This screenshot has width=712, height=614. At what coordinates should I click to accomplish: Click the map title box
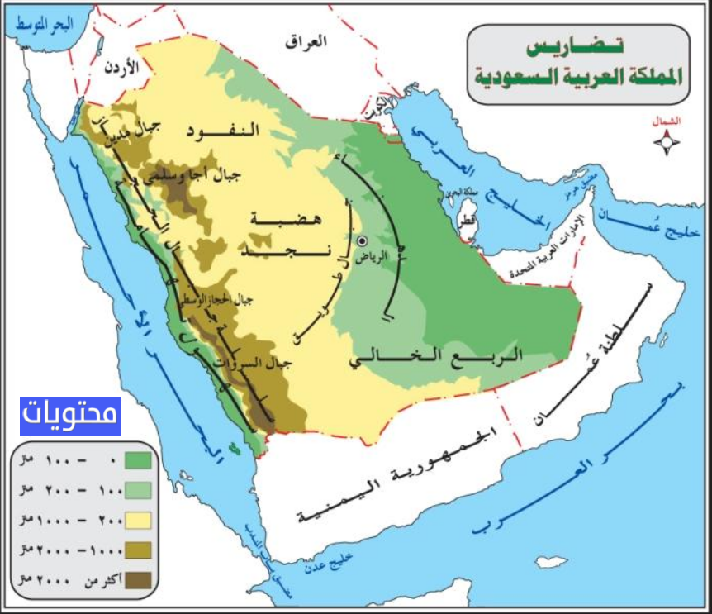click(x=577, y=64)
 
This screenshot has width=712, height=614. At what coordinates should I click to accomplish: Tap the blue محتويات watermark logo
click(x=70, y=416)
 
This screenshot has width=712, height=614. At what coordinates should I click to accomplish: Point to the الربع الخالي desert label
click(x=436, y=359)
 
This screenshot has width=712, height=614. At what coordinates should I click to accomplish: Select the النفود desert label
click(x=222, y=131)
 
